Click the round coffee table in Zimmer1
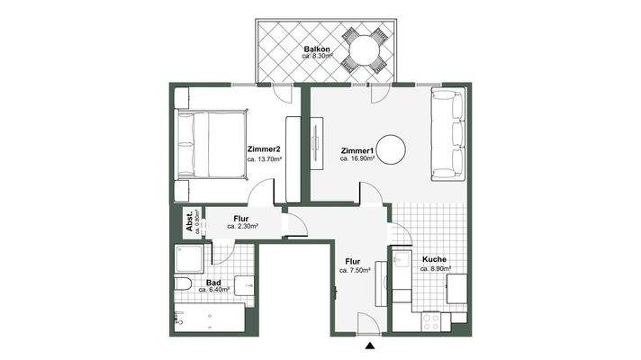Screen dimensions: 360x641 pos(393,148)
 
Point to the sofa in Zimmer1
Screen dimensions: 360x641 pos(448,134)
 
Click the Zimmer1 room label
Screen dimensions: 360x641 pos(357,149)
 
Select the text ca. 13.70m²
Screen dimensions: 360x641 pos(263,159)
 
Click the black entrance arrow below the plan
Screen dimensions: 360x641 pos(370,346)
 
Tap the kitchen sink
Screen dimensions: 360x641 pos(402,263)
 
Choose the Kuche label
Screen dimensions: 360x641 pos(433,259)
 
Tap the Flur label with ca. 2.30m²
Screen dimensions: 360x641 pos(241,218)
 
